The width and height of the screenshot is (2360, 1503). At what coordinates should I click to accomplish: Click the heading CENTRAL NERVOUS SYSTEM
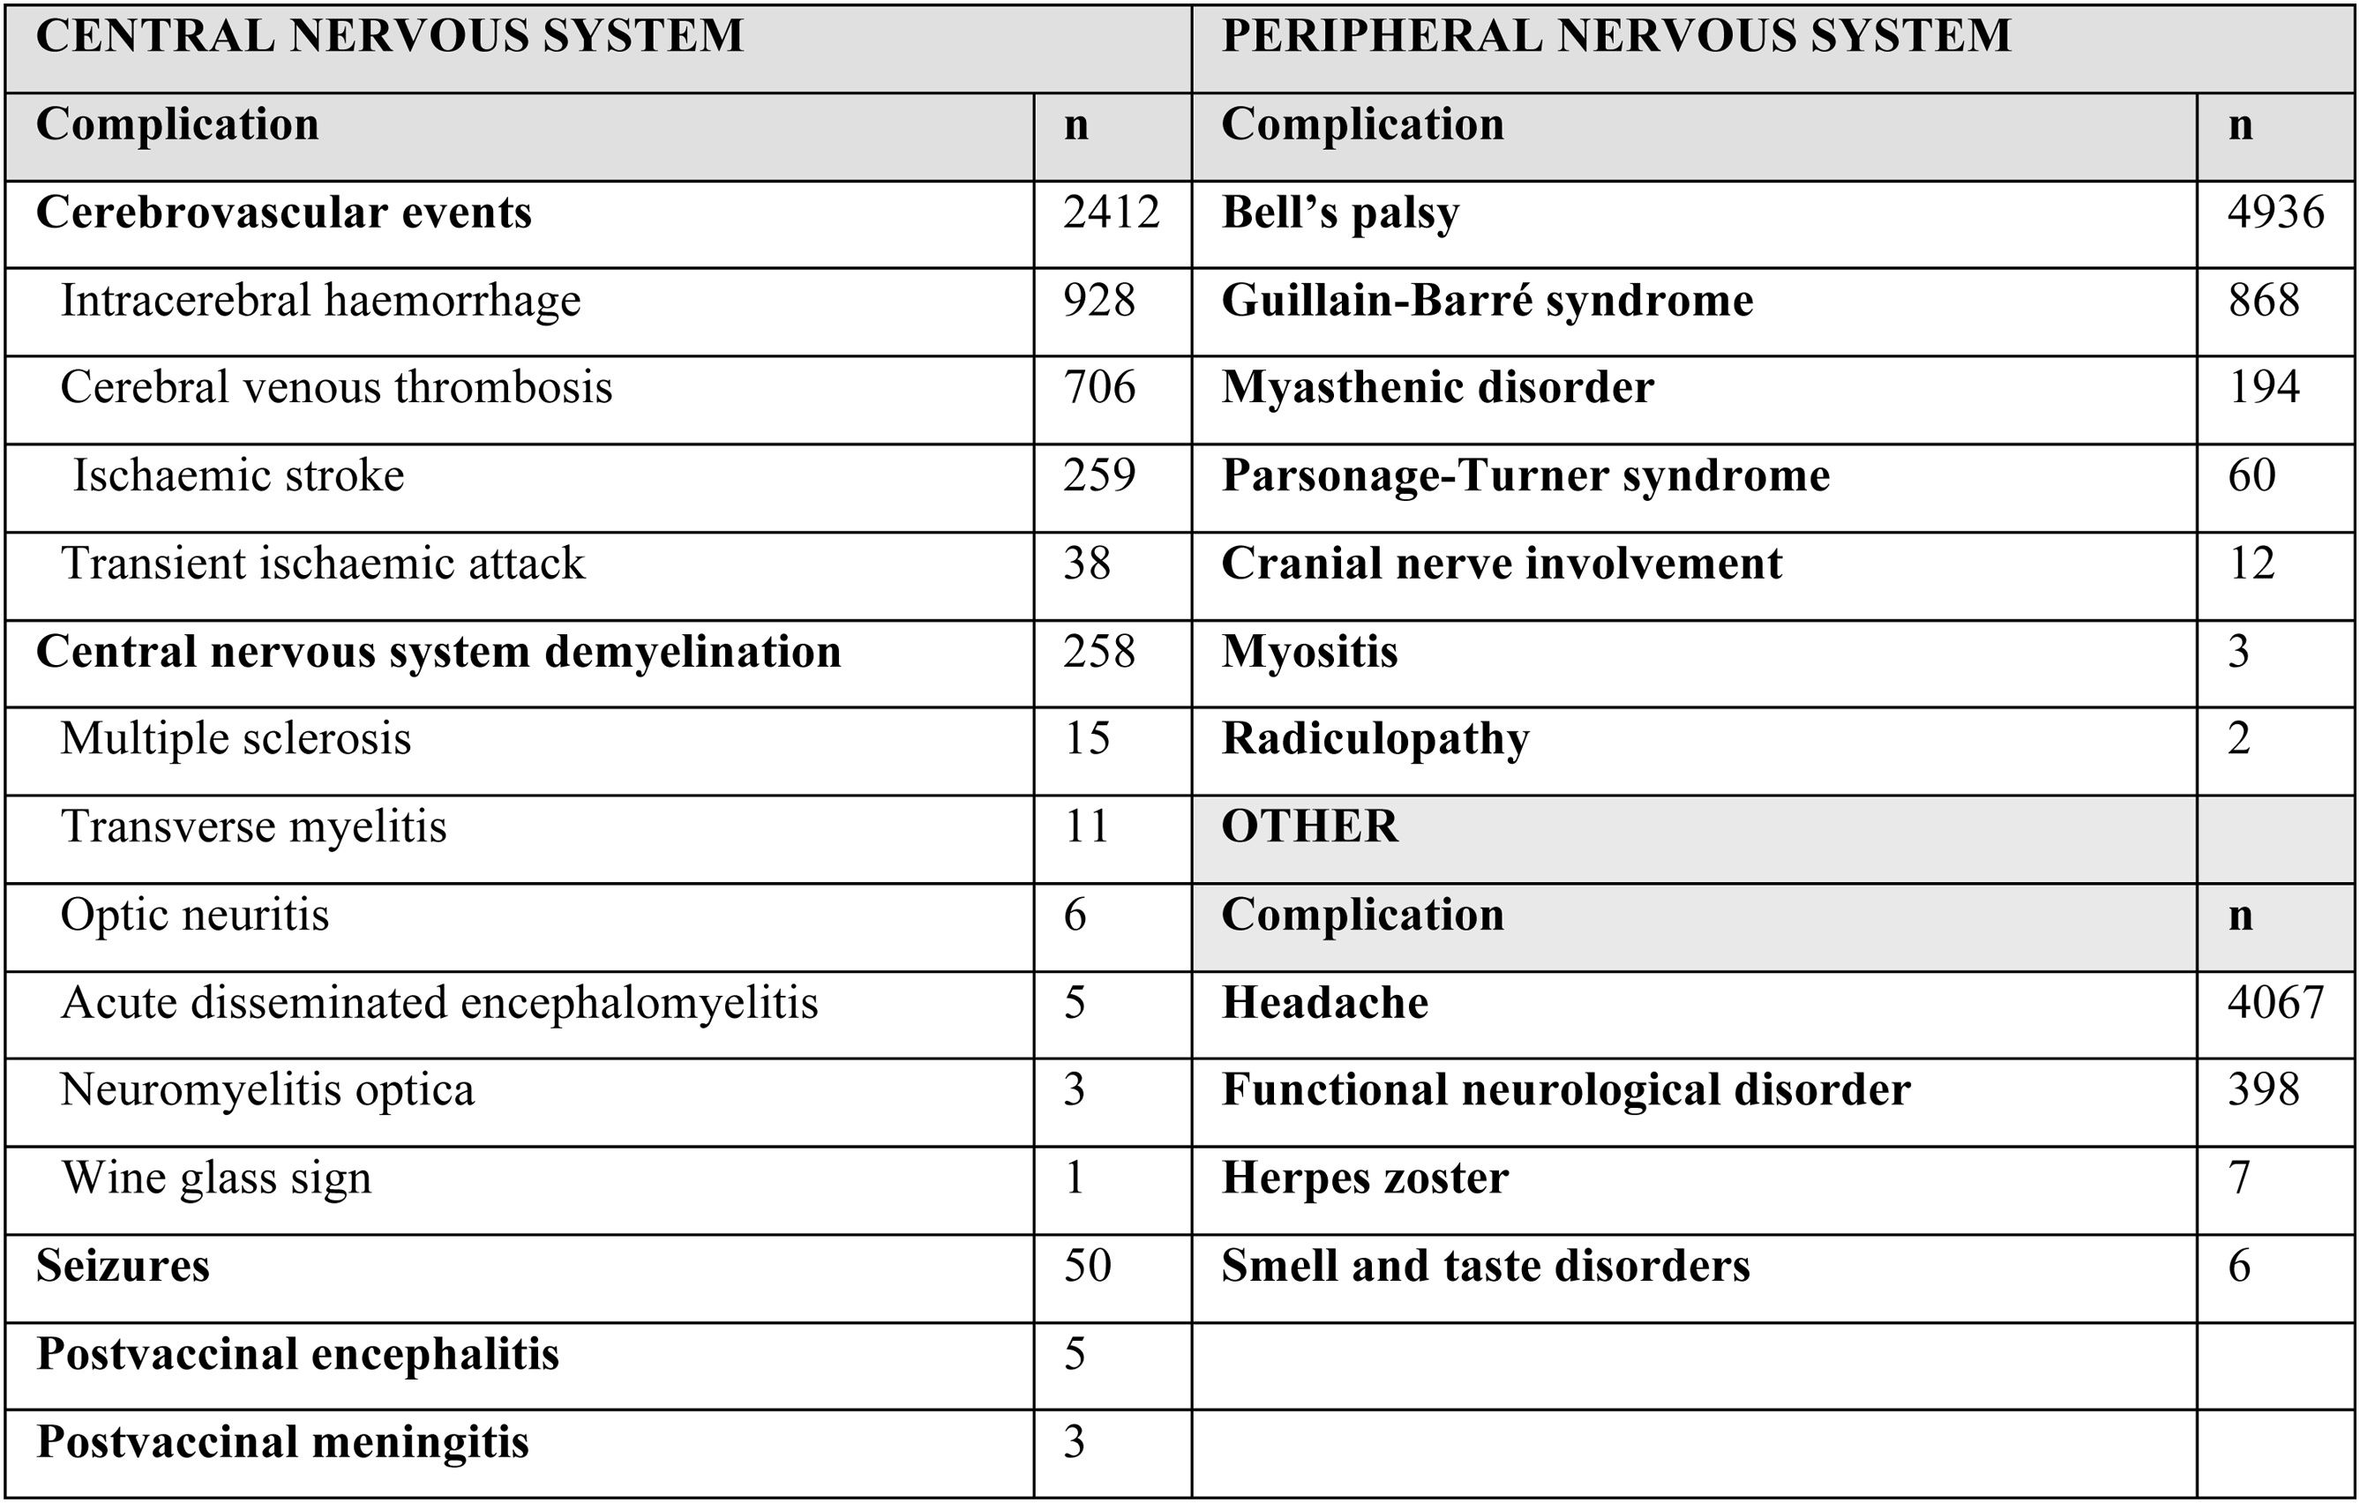pyautogui.click(x=389, y=37)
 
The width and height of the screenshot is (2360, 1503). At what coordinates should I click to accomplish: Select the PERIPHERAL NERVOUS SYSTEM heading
pyautogui.click(x=1615, y=37)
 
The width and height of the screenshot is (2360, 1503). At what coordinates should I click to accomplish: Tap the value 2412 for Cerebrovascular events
pyautogui.click(x=1112, y=213)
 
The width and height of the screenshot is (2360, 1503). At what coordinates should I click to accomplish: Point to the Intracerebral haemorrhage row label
pyautogui.click(x=320, y=301)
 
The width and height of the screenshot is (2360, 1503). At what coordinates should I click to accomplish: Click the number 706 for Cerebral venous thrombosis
pyautogui.click(x=1098, y=388)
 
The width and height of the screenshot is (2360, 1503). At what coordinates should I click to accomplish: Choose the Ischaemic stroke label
pyautogui.click(x=238, y=476)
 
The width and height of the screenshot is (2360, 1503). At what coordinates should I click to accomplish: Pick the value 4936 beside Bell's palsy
pyautogui.click(x=2274, y=213)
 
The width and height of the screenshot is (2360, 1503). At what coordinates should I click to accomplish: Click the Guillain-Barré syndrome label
pyautogui.click(x=1487, y=301)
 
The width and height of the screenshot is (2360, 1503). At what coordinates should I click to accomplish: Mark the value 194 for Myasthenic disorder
pyautogui.click(x=2263, y=388)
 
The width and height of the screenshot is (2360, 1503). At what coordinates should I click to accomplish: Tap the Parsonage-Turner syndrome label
pyautogui.click(x=1525, y=476)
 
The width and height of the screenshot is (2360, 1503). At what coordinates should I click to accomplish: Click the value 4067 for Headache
pyautogui.click(x=2274, y=1002)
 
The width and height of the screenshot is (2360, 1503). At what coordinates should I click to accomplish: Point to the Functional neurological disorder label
pyautogui.click(x=1565, y=1089)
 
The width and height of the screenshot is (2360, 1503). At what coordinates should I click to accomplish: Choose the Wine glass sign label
pyautogui.click(x=217, y=1178)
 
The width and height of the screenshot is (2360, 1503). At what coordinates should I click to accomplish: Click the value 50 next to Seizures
pyautogui.click(x=1087, y=1265)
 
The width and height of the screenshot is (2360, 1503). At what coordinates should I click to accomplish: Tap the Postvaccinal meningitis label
pyautogui.click(x=282, y=1442)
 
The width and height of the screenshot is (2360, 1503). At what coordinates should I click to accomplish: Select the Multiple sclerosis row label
pyautogui.click(x=236, y=739)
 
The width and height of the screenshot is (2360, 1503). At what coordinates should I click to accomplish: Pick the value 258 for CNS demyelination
pyautogui.click(x=1098, y=652)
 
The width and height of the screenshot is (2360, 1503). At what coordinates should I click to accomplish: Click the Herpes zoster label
pyautogui.click(x=1364, y=1178)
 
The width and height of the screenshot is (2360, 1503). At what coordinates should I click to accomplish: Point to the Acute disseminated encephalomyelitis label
pyautogui.click(x=439, y=1002)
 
